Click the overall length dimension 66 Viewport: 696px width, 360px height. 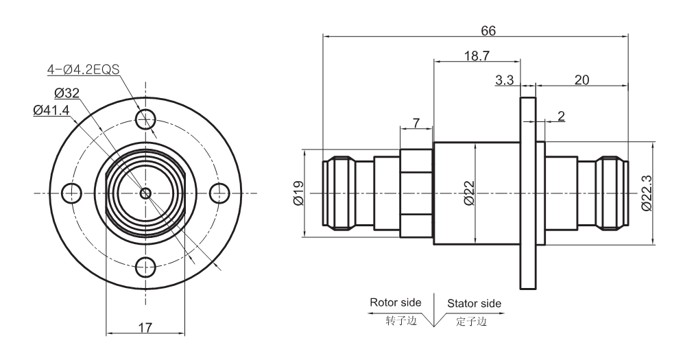click(488, 31)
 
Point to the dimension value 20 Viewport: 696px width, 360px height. click(581, 80)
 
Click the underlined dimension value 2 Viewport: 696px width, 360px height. click(561, 116)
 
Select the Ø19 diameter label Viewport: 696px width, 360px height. click(297, 193)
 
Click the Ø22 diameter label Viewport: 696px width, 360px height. click(469, 193)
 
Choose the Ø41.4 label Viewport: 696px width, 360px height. click(51, 109)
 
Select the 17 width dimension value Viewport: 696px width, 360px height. click(145, 328)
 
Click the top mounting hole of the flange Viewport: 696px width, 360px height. click(145, 120)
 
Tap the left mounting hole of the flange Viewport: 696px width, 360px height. click(71, 193)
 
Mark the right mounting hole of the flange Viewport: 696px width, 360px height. click(219, 193)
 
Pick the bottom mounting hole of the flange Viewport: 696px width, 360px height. click(145, 267)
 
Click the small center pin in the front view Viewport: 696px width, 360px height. click(145, 193)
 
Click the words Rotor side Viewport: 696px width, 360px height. click(396, 302)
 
